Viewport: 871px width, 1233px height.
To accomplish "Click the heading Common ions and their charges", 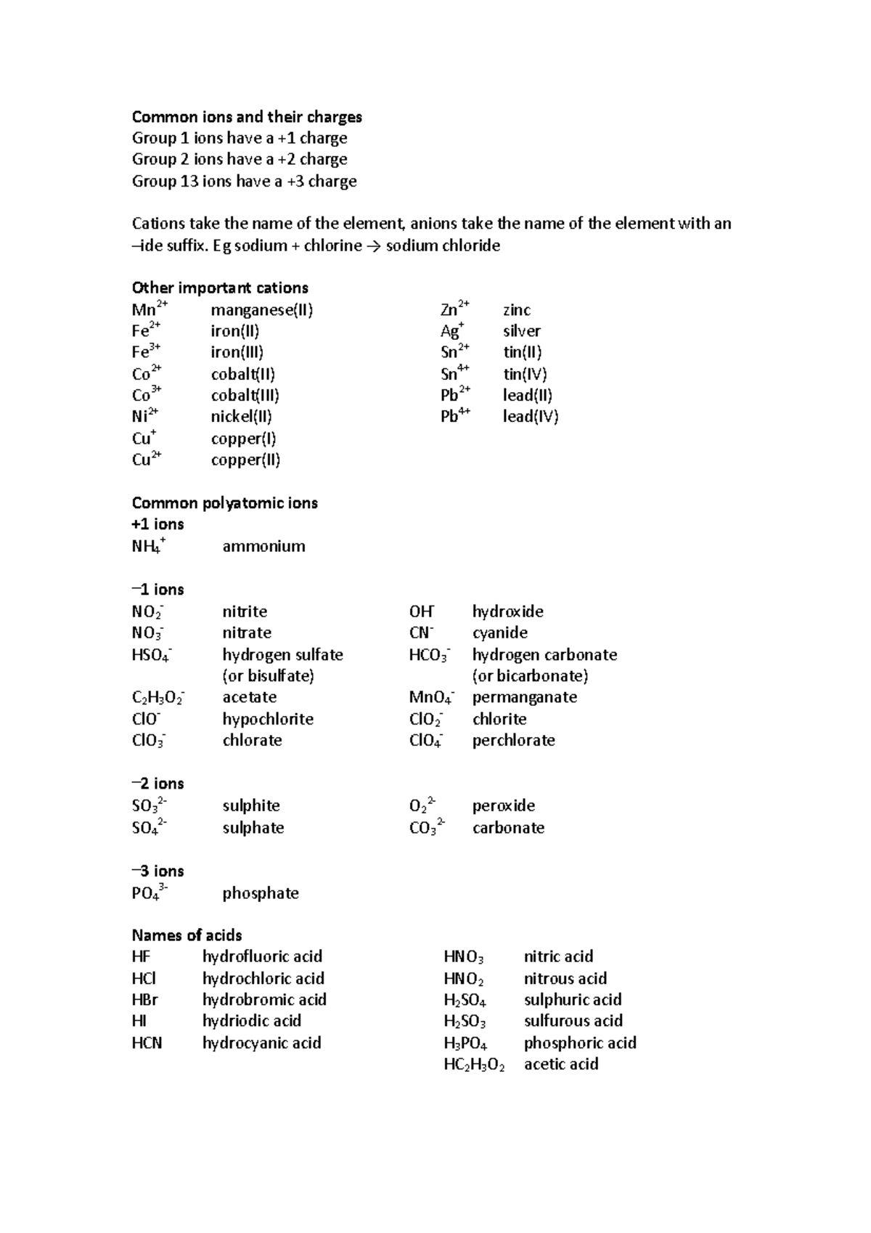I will (x=247, y=117).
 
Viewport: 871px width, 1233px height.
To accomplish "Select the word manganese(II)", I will (x=261, y=310).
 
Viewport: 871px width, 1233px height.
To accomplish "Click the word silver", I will (x=521, y=331).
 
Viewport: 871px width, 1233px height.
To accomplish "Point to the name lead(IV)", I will (x=530, y=417).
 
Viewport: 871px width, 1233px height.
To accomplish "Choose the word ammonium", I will (x=263, y=546).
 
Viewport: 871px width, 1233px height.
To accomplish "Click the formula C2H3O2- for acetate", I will (x=158, y=698).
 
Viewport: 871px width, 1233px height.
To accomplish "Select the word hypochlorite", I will (x=268, y=719).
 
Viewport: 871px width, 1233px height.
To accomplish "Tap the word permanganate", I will (x=524, y=697).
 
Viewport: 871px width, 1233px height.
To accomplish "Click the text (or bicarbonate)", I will (x=530, y=676).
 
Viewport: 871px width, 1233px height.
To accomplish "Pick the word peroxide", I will (x=503, y=805).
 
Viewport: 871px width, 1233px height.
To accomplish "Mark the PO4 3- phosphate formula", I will (x=150, y=892).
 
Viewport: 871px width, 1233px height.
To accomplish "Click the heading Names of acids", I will (x=187, y=935).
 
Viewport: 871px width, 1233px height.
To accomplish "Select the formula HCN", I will (x=147, y=1043).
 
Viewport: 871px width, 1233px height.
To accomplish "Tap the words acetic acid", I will (x=561, y=1064).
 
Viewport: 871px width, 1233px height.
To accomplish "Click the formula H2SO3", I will (x=465, y=1022).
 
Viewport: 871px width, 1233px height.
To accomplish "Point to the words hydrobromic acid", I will (x=264, y=999).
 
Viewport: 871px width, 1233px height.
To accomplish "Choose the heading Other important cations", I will (x=220, y=288).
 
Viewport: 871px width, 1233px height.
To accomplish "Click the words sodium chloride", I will (x=443, y=245).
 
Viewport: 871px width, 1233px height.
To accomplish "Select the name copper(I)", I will (x=243, y=439).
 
